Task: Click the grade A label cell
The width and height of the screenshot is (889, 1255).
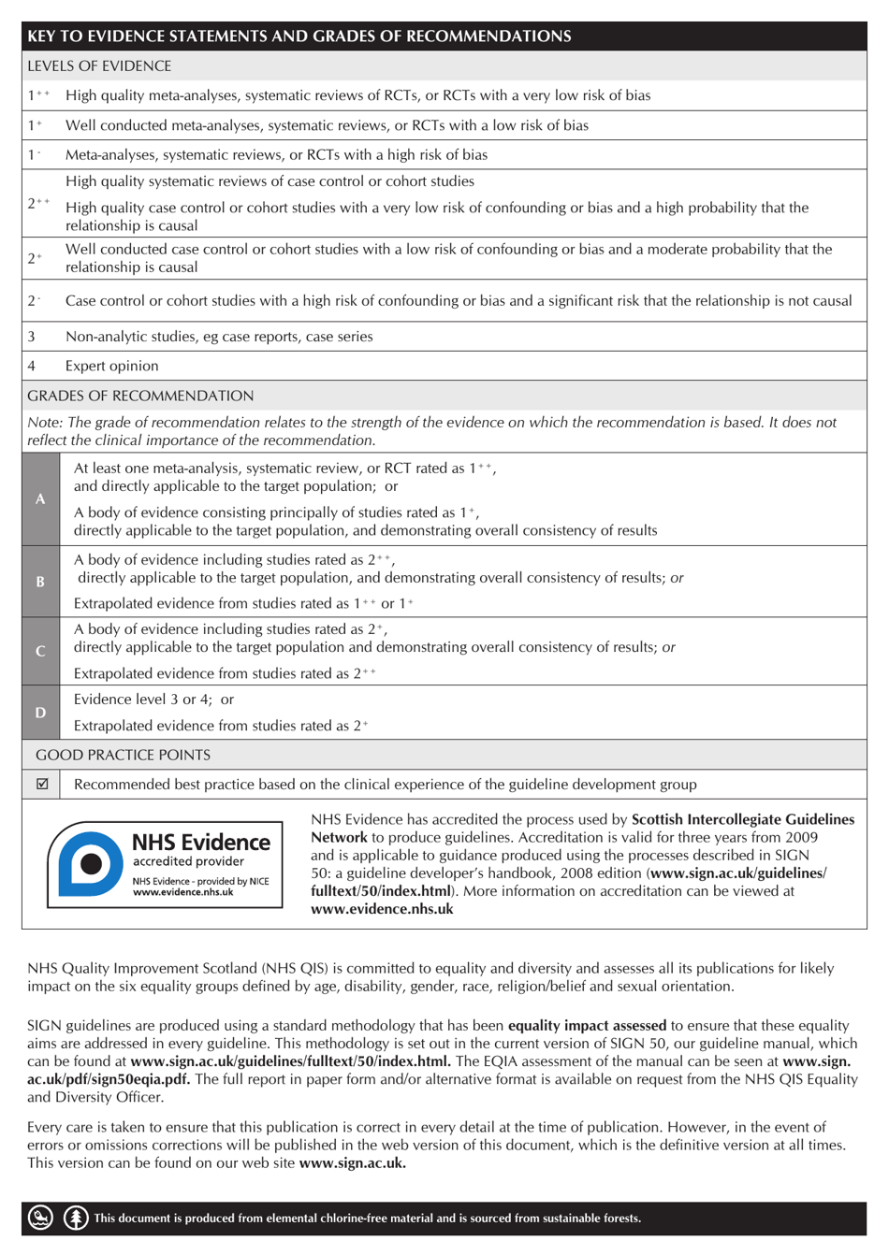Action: coord(40,499)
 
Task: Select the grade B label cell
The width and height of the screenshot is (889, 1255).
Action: coord(40,582)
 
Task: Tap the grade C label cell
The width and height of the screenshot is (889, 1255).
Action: coord(40,652)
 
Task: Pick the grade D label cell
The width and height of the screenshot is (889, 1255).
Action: coord(40,713)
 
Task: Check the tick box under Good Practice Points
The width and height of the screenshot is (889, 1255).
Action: coord(42,785)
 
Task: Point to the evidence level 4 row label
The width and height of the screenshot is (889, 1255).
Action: coord(32,367)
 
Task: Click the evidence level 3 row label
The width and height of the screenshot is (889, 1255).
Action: coord(32,337)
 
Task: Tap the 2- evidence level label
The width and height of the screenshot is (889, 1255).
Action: coord(35,301)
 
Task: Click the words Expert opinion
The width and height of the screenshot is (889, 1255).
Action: coord(111,367)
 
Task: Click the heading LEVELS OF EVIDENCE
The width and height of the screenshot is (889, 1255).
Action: coord(99,66)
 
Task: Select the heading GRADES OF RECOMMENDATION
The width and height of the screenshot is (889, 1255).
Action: coord(140,397)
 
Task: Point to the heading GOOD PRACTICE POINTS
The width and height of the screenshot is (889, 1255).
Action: coord(123,755)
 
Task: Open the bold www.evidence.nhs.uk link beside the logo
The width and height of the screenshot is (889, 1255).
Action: coord(382,909)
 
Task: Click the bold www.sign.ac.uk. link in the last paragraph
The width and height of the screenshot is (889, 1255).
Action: coord(353,1163)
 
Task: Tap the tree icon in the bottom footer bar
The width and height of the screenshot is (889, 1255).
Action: coord(76,1218)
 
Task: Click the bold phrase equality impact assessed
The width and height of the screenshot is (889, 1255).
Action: coord(587,1026)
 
